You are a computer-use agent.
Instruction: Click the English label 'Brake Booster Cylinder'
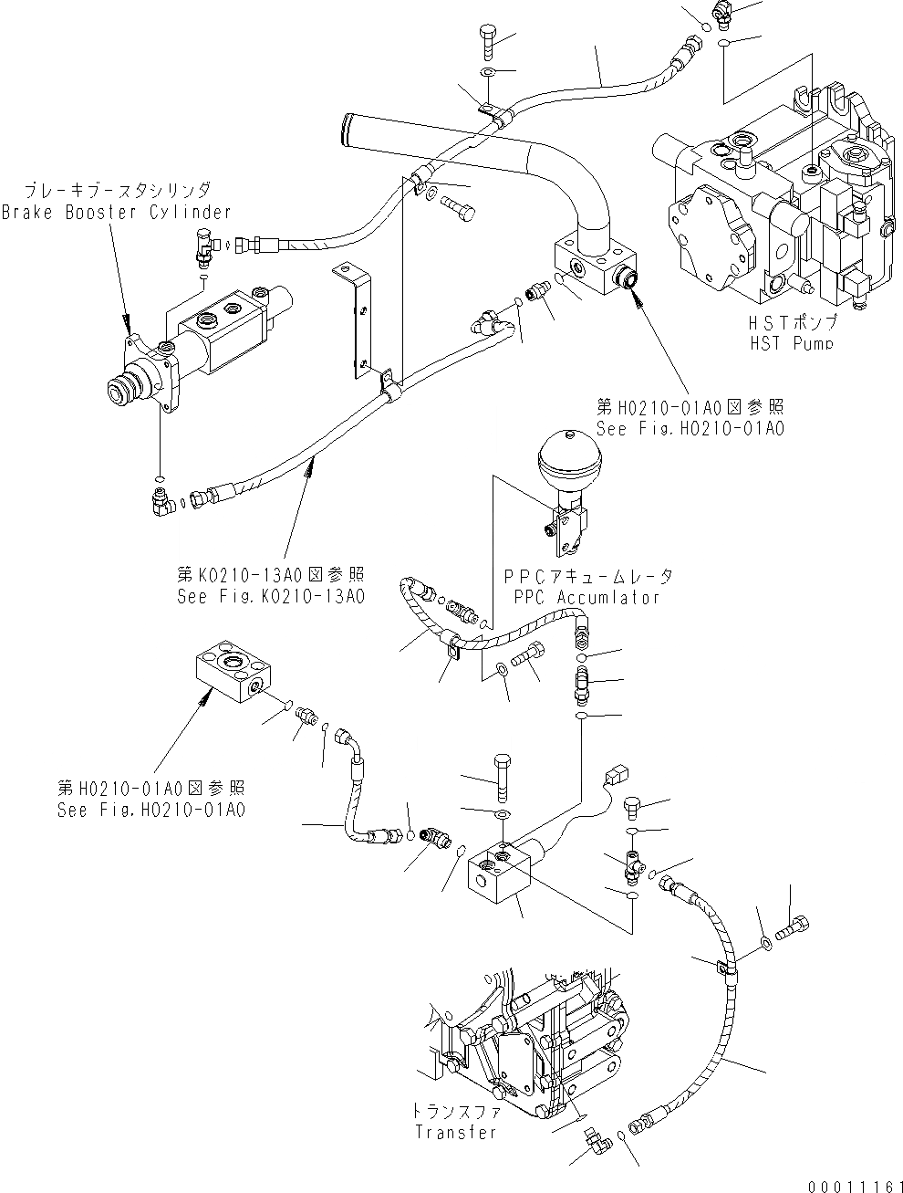coord(116,212)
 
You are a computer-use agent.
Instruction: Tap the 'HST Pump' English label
coord(791,342)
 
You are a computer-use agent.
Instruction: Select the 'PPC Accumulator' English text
coord(587,597)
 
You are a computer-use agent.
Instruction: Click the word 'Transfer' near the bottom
coord(456,1132)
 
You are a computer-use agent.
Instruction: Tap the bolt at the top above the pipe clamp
coord(485,40)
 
